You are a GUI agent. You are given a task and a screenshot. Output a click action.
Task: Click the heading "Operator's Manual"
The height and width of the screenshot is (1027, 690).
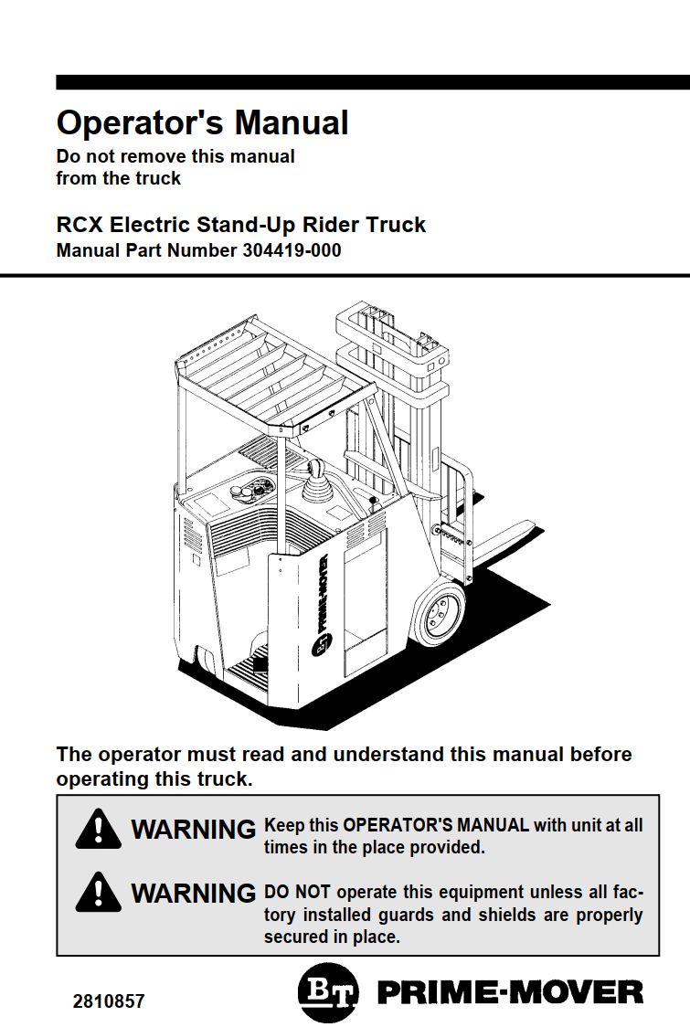[202, 122]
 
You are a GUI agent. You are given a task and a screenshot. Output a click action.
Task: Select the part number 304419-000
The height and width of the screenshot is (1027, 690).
[292, 250]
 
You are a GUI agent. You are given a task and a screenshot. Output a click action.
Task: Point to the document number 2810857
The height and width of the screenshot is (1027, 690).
[109, 1001]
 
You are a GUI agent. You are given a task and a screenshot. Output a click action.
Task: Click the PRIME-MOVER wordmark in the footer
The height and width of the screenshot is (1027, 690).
[510, 993]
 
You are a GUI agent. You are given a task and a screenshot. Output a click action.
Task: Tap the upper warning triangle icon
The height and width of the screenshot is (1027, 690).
[98, 830]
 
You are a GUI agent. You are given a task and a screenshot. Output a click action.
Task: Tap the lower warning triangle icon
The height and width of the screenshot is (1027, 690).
[98, 892]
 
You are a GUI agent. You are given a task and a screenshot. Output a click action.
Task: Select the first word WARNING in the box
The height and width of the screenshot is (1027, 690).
[193, 830]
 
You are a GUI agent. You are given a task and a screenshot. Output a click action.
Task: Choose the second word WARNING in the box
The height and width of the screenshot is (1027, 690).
[193, 893]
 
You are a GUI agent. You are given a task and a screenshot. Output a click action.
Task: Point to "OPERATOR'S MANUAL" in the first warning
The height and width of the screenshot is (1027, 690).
[436, 825]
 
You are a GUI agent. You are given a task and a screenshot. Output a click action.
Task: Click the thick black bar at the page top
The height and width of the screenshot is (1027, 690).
[373, 82]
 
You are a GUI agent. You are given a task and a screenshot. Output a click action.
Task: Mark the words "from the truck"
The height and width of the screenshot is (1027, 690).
[119, 179]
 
